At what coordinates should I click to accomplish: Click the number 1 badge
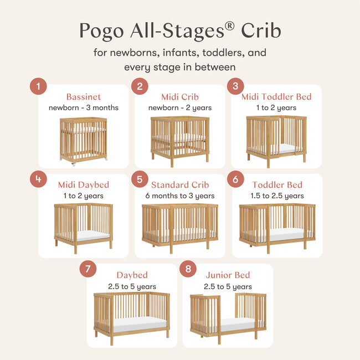(38, 86)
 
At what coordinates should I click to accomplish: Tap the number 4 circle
(38, 179)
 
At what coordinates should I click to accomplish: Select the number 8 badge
(189, 270)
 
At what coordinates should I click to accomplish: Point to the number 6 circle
(235, 179)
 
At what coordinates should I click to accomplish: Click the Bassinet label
(84, 97)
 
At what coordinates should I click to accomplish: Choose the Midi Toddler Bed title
(276, 97)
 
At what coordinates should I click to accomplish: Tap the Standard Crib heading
(179, 184)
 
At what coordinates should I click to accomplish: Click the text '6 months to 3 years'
(180, 196)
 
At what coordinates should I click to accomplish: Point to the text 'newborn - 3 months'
(84, 107)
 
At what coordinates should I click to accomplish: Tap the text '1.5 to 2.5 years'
(276, 196)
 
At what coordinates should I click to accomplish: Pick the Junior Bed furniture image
(228, 316)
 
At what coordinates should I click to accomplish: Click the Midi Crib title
(180, 97)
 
